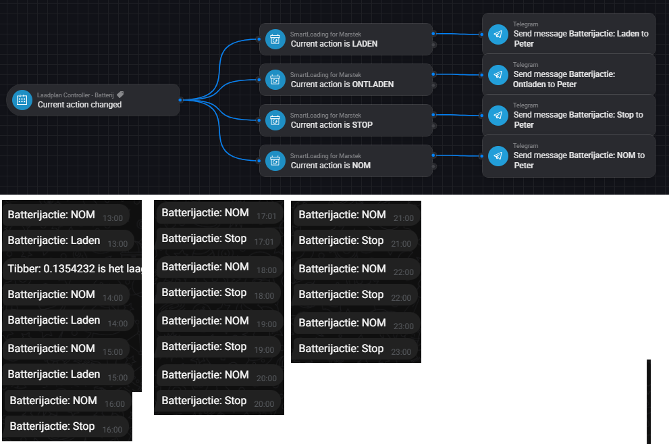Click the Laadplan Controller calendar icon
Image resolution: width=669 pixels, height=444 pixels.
pyautogui.click(x=22, y=100)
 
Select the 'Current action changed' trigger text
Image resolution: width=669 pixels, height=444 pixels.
pyautogui.click(x=80, y=105)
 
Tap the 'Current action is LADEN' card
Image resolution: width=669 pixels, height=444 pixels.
pyautogui.click(x=346, y=39)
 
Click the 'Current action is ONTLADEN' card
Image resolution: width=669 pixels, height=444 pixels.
pyautogui.click(x=346, y=80)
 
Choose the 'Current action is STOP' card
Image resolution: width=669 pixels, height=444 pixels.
pyautogui.click(x=346, y=120)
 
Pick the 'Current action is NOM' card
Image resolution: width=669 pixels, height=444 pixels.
pyautogui.click(x=346, y=161)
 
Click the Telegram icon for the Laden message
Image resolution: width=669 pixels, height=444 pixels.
pyautogui.click(x=498, y=34)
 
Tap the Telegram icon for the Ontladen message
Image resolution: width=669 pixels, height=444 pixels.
pyautogui.click(x=498, y=74)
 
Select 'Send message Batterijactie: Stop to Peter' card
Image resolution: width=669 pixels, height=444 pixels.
pyautogui.click(x=568, y=115)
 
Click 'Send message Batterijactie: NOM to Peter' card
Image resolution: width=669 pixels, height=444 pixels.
pyautogui.click(x=568, y=156)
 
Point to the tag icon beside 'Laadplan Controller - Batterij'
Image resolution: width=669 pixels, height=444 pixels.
pyautogui.click(x=120, y=95)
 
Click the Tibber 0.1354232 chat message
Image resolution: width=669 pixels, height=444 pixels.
pyautogui.click(x=74, y=269)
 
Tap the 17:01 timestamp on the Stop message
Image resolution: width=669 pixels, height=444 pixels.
pyautogui.click(x=264, y=242)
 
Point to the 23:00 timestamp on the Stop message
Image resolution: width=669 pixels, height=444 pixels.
pyautogui.click(x=401, y=352)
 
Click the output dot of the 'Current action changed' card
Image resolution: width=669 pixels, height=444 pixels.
pyautogui.click(x=180, y=100)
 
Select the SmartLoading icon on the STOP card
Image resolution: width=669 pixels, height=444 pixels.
pyautogui.click(x=275, y=120)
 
